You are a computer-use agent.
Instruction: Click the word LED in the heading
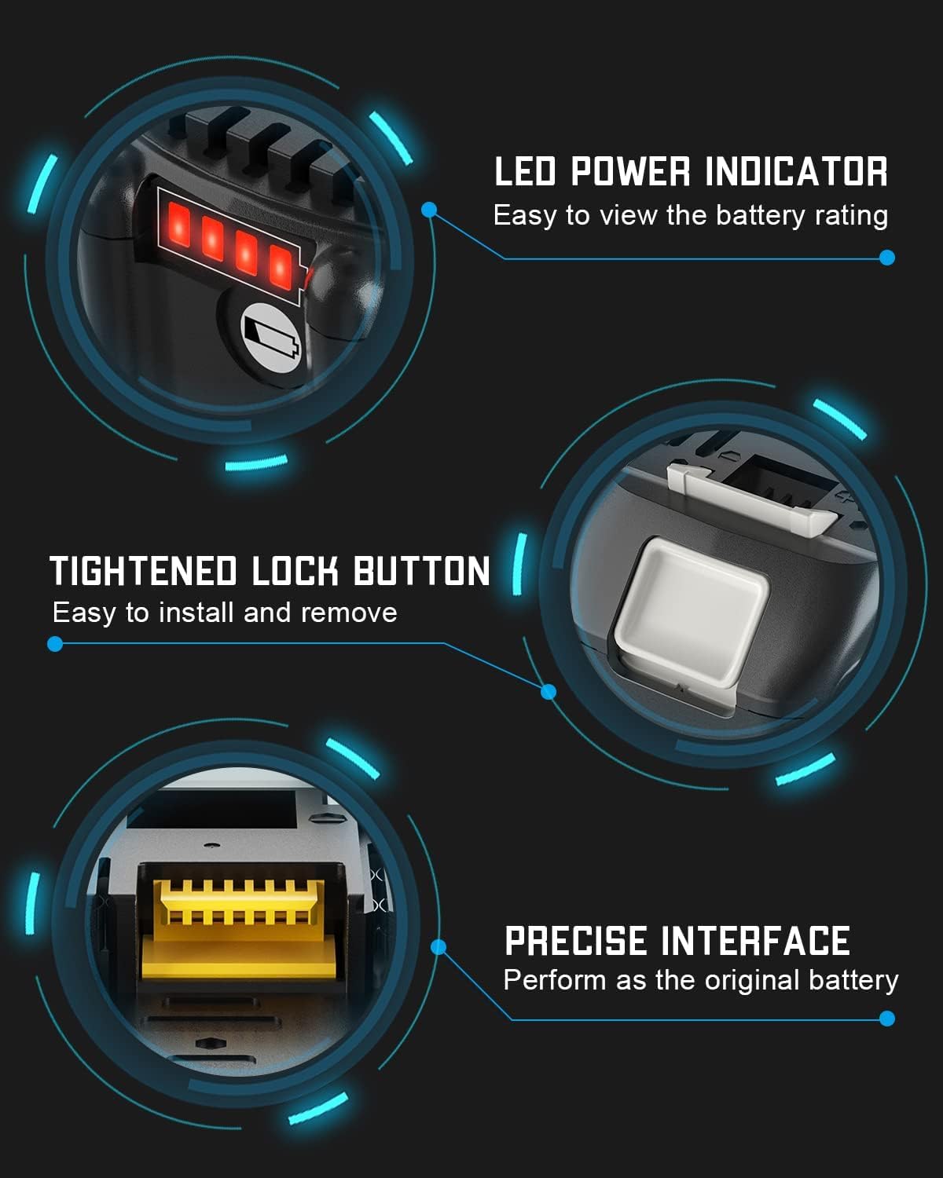click(525, 172)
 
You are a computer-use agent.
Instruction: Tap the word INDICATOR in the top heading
click(796, 172)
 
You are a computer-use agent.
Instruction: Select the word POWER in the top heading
click(629, 172)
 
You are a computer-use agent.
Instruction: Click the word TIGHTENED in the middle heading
click(143, 571)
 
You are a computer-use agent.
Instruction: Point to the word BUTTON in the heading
click(421, 571)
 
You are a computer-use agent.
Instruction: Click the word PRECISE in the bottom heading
click(576, 941)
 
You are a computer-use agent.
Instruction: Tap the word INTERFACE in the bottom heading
click(755, 941)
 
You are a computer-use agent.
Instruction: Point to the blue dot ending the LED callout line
click(887, 258)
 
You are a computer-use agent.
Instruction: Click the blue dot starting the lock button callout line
click(55, 644)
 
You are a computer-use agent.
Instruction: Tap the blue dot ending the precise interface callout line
click(887, 1019)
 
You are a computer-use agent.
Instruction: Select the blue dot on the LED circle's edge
click(429, 210)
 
